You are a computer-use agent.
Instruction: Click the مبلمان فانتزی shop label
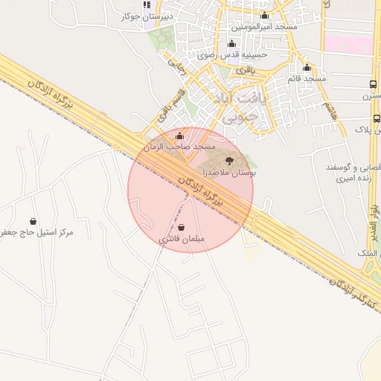pyautogui.click(x=182, y=240)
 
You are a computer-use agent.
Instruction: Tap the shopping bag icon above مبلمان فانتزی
pyautogui.click(x=182, y=227)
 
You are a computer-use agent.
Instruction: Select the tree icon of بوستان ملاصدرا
pyautogui.click(x=228, y=160)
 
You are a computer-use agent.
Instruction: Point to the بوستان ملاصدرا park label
pyautogui.click(x=229, y=172)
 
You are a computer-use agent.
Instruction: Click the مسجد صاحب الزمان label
pyautogui.click(x=180, y=147)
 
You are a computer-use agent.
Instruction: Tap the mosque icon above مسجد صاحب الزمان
pyautogui.click(x=180, y=135)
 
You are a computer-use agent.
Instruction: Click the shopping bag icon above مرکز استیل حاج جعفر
pyautogui.click(x=33, y=221)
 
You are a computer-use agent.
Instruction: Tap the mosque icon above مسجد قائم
pyautogui.click(x=307, y=68)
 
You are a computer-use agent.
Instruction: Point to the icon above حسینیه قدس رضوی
pyautogui.click(x=231, y=43)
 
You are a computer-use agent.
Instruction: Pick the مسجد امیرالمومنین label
pyautogui.click(x=266, y=27)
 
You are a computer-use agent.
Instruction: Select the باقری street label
pyautogui.click(x=246, y=69)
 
